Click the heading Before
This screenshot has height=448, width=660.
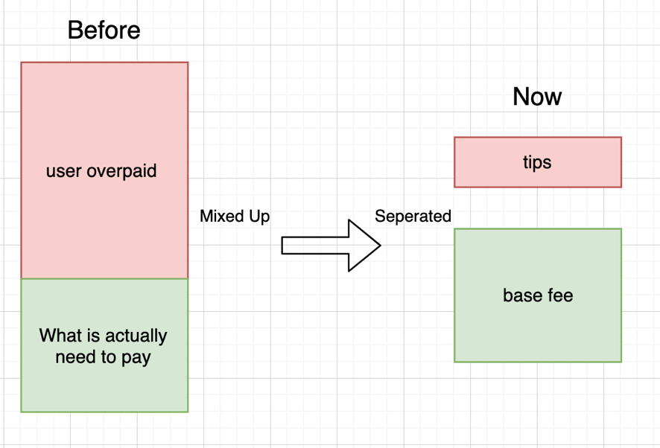(x=104, y=31)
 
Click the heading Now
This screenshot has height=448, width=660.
(x=537, y=97)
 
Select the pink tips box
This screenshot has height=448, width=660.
(x=538, y=162)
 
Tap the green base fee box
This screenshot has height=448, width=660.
(x=538, y=295)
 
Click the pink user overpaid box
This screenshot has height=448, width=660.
(x=104, y=170)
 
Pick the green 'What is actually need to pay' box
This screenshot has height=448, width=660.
(x=104, y=345)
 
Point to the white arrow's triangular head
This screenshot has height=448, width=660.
(x=364, y=246)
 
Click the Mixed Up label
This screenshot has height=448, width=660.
(x=235, y=217)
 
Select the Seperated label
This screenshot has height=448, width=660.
(x=413, y=217)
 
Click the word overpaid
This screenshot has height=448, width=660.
(x=121, y=171)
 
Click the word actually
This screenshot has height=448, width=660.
(x=136, y=336)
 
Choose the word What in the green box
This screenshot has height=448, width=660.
(x=60, y=336)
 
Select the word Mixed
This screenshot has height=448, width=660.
(x=222, y=217)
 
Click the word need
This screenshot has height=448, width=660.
(x=71, y=357)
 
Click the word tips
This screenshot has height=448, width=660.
(x=537, y=162)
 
